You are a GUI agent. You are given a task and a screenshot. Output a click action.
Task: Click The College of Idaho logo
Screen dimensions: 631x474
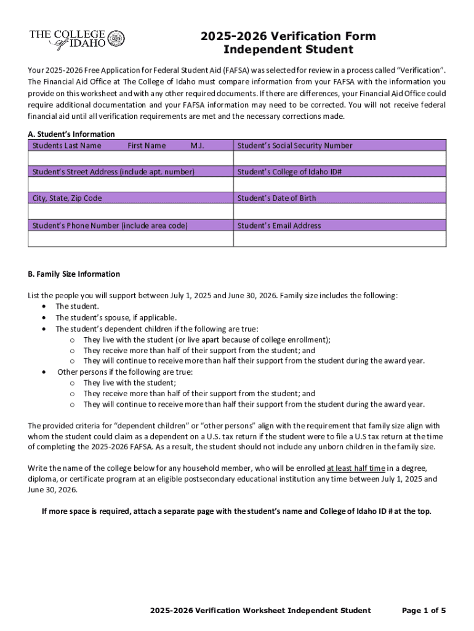(77, 39)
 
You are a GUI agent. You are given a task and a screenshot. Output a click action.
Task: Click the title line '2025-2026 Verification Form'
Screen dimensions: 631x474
(288, 36)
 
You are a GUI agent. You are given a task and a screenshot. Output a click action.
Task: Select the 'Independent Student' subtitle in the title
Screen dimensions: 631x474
(288, 50)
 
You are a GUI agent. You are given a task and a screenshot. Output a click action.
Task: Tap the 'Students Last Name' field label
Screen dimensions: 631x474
(67, 145)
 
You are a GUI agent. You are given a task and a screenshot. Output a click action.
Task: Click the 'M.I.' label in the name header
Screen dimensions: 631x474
(197, 145)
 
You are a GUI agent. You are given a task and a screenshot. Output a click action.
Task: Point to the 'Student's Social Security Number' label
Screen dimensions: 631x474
(295, 145)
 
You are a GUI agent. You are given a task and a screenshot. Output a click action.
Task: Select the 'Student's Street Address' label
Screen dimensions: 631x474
(113, 172)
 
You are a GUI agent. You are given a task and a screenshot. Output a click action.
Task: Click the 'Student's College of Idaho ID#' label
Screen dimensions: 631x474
(289, 172)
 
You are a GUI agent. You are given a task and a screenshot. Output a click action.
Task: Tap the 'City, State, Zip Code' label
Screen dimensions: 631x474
(67, 198)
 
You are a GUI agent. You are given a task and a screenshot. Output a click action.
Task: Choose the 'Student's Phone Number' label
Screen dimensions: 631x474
(110, 226)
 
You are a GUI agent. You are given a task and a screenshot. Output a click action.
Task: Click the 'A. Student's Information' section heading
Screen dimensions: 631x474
(71, 134)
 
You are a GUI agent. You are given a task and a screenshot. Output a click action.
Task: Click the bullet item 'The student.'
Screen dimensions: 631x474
(77, 306)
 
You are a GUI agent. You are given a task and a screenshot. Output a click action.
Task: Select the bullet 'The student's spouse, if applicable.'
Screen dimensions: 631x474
(116, 317)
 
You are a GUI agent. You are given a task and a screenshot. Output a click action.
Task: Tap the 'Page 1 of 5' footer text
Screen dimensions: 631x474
(424, 611)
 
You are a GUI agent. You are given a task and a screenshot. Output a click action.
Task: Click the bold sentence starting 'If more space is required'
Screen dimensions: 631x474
(236, 511)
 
